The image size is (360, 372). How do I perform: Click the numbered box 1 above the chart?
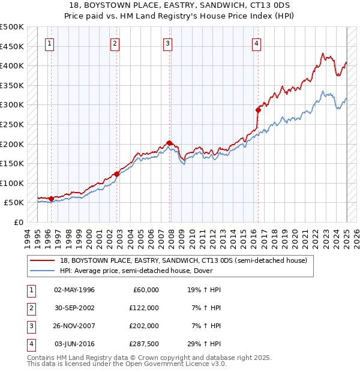49,43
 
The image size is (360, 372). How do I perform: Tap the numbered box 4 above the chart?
256,43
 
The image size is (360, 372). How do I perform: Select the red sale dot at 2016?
259,110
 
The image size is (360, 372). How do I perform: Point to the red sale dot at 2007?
170,143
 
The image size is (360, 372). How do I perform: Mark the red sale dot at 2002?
116,174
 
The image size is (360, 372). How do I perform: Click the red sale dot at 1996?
51,199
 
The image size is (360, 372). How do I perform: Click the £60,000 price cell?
145,289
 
